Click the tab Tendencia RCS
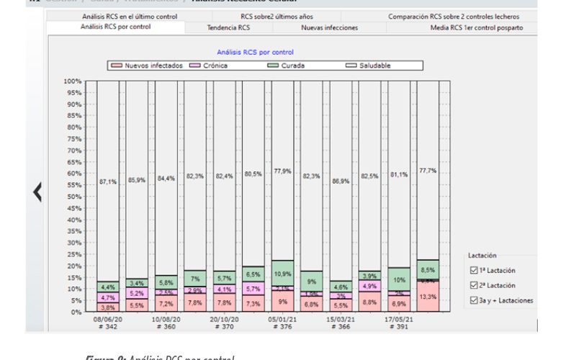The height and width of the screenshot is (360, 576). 229,27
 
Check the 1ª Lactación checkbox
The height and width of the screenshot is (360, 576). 474,271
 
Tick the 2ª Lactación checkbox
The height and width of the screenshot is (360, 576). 474,286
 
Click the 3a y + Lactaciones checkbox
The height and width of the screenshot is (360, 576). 474,300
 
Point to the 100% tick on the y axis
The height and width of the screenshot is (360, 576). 72,81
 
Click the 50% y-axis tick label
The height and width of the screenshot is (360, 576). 73,197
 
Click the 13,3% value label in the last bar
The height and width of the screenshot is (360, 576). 428,296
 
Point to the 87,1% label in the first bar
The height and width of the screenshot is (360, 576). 107,182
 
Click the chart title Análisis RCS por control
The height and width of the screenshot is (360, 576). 255,52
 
